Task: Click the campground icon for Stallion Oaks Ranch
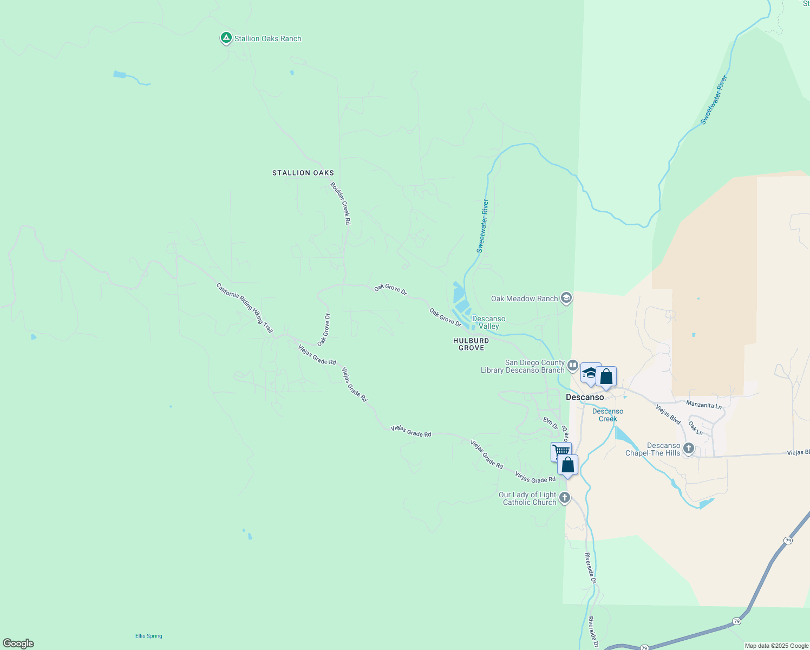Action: pyautogui.click(x=226, y=38)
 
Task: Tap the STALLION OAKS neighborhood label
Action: pyautogui.click(x=303, y=173)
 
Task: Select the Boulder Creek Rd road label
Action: pyautogui.click(x=341, y=203)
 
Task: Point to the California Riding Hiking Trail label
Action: pyautogui.click(x=244, y=308)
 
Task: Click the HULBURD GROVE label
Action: pyautogui.click(x=471, y=344)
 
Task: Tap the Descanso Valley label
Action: pyautogui.click(x=488, y=322)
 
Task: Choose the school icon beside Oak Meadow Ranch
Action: pyautogui.click(x=566, y=298)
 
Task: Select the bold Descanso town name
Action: pyautogui.click(x=585, y=397)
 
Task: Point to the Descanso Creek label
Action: pyautogui.click(x=608, y=415)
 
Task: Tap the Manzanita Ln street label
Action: pyautogui.click(x=704, y=405)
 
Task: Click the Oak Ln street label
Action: pyautogui.click(x=696, y=428)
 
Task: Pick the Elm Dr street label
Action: pyautogui.click(x=551, y=422)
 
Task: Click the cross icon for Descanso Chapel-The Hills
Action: pyautogui.click(x=689, y=448)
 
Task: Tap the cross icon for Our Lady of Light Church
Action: pyautogui.click(x=565, y=498)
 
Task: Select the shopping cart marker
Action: pyautogui.click(x=561, y=451)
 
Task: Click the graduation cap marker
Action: pyautogui.click(x=589, y=373)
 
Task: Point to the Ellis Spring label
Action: pyautogui.click(x=148, y=636)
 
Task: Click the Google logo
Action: pyautogui.click(x=18, y=643)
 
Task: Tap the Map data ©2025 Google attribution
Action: pyautogui.click(x=776, y=646)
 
